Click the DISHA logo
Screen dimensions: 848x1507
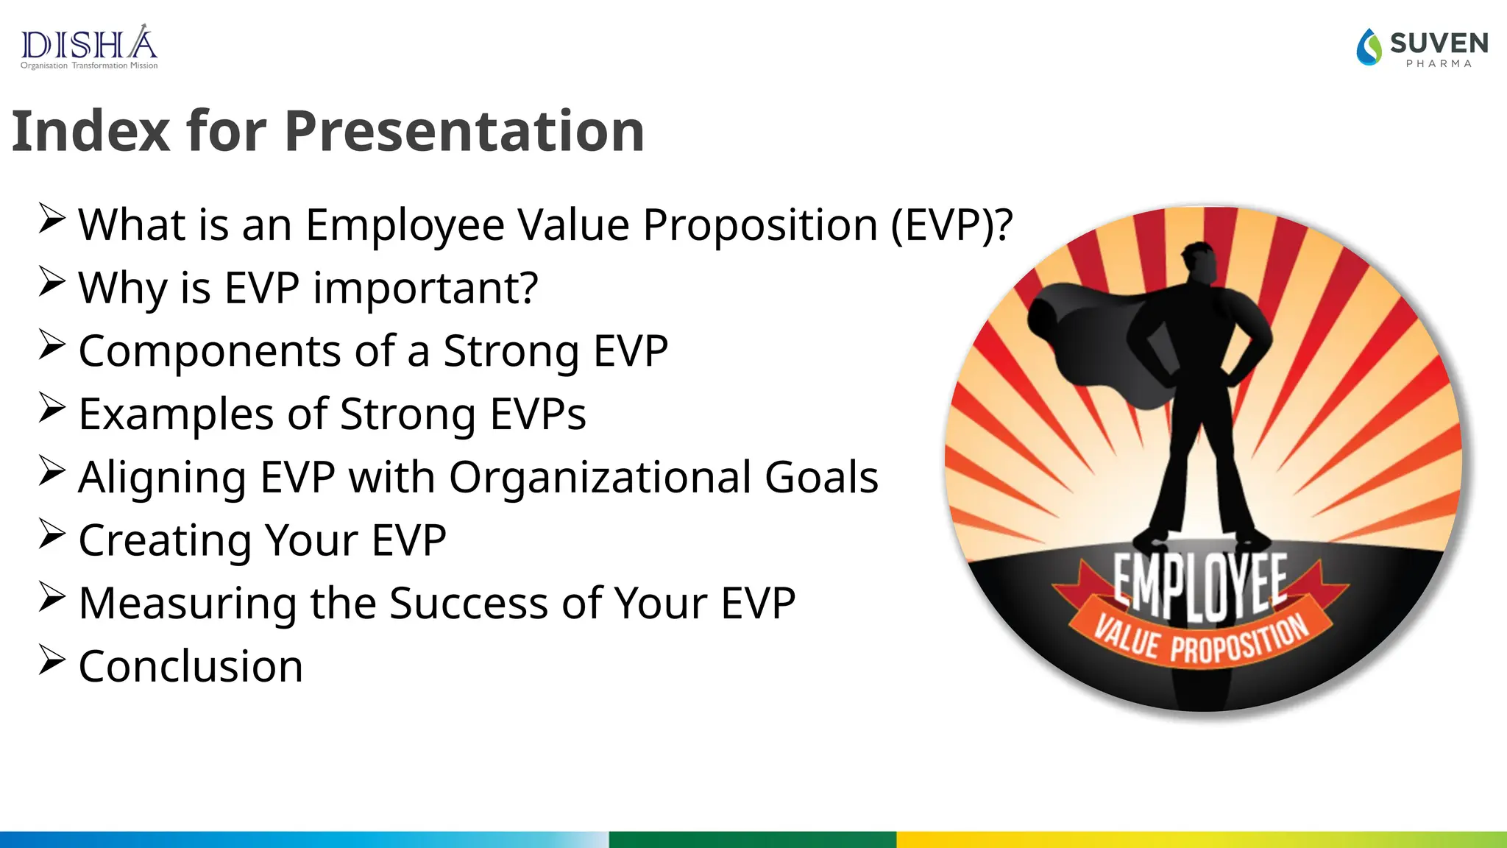(88, 47)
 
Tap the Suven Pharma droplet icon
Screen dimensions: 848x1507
(1369, 47)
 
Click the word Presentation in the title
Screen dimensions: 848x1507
(464, 131)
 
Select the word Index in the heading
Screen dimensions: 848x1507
(91, 131)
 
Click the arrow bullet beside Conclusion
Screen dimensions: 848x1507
(52, 660)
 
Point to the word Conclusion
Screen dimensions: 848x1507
(191, 666)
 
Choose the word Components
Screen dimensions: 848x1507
(209, 351)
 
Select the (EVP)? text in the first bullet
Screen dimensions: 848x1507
(951, 225)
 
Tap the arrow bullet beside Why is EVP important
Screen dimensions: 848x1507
(52, 281)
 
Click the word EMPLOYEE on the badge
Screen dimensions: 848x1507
(1199, 585)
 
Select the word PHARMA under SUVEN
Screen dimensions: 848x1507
(1439, 64)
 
